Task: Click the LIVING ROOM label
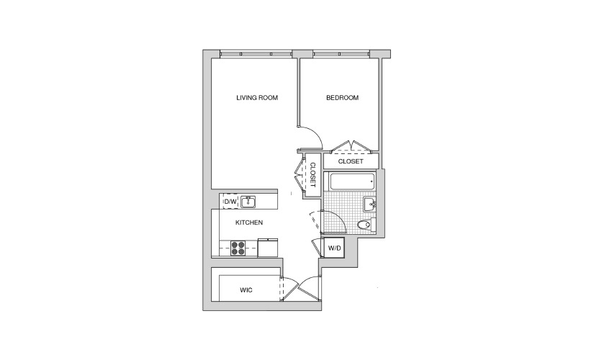[257, 98]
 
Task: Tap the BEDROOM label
[342, 98]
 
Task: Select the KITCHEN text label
[249, 222]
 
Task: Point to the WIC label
[246, 290]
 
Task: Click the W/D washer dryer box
[333, 248]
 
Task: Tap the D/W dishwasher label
[230, 201]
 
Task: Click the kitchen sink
[248, 202]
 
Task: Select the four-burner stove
[238, 248]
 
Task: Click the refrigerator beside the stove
[267, 248]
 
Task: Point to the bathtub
[352, 181]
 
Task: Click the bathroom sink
[369, 204]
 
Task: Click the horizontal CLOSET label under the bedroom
[351, 161]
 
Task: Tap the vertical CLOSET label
[313, 175]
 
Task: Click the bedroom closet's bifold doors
[351, 146]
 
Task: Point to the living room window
[256, 54]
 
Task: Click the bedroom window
[341, 54]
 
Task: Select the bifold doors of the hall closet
[300, 175]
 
